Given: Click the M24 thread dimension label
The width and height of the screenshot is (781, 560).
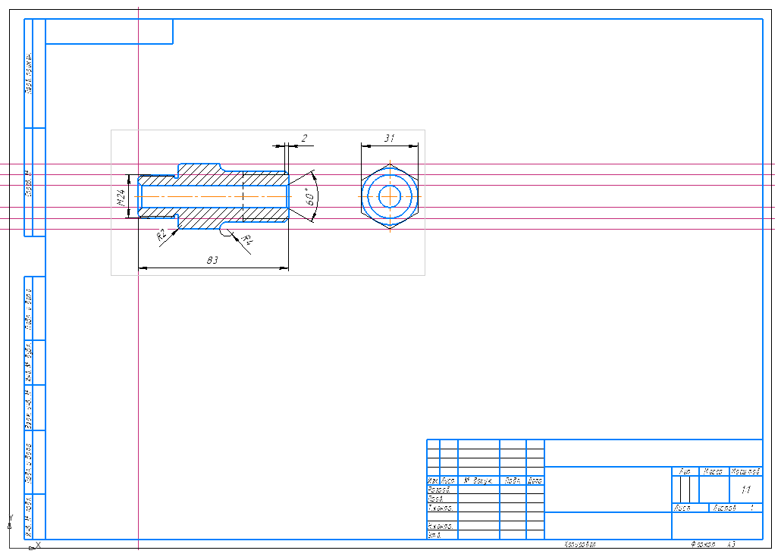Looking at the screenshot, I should [x=121, y=198].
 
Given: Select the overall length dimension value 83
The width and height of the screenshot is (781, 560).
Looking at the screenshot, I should [x=213, y=260].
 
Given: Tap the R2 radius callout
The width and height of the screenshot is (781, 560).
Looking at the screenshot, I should [x=161, y=236].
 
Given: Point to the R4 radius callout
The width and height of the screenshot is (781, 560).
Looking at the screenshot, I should [x=247, y=241].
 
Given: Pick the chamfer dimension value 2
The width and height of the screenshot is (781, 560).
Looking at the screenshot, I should [x=304, y=138].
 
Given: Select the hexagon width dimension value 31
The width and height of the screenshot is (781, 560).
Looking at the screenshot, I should [x=390, y=138].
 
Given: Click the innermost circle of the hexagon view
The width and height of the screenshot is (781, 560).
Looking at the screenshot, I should [x=390, y=196].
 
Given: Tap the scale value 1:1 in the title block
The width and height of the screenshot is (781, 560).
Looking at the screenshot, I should [x=745, y=490].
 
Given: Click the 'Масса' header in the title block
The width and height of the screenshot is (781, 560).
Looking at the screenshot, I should [x=714, y=471].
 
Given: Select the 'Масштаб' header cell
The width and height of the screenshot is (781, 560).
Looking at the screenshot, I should [x=745, y=471].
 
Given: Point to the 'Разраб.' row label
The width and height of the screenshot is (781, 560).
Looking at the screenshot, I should [x=440, y=490].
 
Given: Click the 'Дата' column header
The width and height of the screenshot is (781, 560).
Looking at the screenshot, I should [x=535, y=481].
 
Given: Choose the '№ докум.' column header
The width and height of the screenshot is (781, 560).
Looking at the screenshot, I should [x=478, y=481].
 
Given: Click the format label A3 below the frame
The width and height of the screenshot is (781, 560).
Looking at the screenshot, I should [x=732, y=545].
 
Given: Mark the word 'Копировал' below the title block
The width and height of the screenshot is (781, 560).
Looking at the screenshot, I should [x=581, y=545].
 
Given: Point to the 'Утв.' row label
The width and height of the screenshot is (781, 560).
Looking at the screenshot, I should [x=434, y=536].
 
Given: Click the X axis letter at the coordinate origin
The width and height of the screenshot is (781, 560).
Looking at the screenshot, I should [x=38, y=545].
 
